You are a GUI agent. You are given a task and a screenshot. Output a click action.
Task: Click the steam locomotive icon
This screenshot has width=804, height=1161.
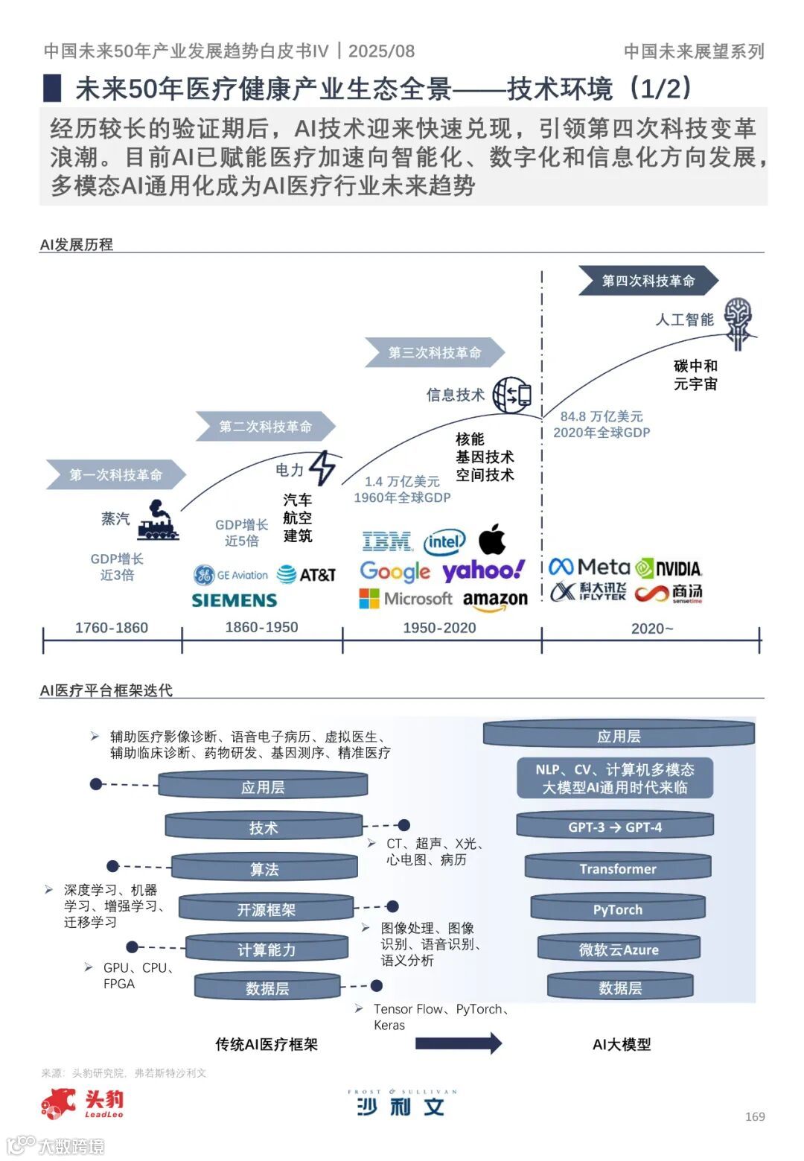coord(157,520)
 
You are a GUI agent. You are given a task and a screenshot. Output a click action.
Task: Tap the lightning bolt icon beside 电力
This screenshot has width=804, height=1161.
coord(322,468)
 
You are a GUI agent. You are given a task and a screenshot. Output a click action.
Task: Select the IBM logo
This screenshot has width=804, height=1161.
coord(386,541)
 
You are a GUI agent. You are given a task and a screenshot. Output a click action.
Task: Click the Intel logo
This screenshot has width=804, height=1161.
coord(444,542)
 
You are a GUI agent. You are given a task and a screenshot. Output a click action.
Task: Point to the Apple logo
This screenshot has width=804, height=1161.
coord(492,539)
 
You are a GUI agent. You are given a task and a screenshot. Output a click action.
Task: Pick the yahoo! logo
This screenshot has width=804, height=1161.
coord(484,571)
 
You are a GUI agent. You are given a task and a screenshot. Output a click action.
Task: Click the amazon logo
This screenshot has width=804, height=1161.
coord(495,600)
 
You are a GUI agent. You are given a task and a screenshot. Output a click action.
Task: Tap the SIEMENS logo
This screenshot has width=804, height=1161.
coord(234,600)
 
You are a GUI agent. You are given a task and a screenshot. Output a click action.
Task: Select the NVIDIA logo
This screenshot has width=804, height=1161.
coord(669,569)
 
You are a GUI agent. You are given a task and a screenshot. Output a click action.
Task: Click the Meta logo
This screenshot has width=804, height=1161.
coord(589,567)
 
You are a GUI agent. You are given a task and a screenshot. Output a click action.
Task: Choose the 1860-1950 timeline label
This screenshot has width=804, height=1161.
coord(261,627)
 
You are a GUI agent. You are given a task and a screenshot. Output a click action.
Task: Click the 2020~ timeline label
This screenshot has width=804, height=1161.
coord(652,629)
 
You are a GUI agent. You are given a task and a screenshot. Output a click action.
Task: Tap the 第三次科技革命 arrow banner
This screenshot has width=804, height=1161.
coord(435,352)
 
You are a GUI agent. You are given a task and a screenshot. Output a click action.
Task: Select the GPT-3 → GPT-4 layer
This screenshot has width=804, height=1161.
coord(615,827)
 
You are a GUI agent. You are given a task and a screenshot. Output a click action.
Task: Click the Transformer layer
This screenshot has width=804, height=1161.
coord(618,868)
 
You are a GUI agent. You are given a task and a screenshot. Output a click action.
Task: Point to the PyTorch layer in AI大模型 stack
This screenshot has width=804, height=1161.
coord(618,909)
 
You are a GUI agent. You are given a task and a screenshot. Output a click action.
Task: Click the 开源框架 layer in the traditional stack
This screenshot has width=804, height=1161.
coord(266,909)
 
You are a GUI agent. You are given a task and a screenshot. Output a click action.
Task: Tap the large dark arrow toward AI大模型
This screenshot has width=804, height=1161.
coord(458,1043)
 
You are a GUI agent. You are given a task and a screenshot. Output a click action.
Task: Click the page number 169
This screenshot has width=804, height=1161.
coord(755,1116)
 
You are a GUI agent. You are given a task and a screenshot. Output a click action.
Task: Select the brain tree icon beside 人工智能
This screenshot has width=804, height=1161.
coord(738,322)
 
